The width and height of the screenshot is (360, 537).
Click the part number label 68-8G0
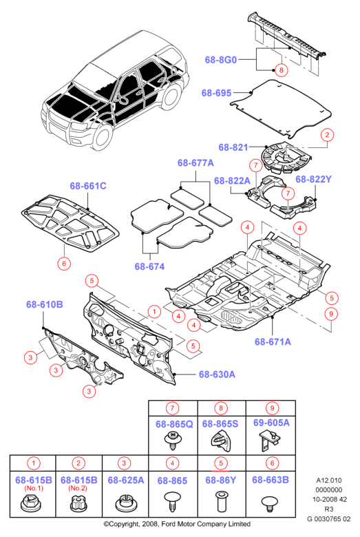220,60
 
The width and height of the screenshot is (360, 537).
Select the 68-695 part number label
216,93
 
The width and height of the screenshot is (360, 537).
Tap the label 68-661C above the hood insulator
88,186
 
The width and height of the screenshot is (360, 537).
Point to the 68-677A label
195,162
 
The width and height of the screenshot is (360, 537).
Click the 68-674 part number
149,266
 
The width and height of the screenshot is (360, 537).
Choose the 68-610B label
45,304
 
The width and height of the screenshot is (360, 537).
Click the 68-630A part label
217,375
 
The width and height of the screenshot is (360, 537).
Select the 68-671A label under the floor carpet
273,341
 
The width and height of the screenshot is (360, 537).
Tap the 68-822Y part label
313,179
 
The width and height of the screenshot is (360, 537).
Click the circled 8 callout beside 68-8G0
282,70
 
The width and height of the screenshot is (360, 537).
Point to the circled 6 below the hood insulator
64,264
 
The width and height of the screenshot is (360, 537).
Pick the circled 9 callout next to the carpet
331,314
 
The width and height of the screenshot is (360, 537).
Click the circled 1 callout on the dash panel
154,312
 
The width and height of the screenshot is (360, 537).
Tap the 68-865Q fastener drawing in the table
173,441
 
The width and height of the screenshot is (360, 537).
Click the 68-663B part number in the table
271,480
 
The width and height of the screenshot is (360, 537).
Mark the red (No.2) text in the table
78,488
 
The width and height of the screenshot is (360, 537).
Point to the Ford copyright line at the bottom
177,524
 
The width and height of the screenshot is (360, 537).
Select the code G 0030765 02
329,519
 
